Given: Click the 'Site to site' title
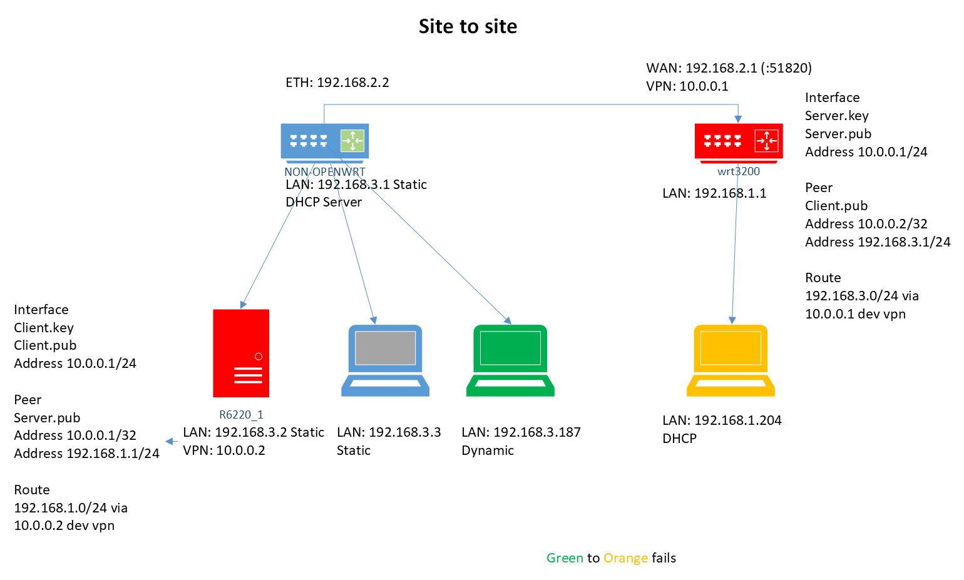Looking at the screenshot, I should (468, 26).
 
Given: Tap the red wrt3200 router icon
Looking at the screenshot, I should (739, 141).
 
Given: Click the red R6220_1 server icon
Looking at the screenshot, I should (241, 353).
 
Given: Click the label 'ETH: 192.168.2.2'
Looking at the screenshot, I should (337, 83).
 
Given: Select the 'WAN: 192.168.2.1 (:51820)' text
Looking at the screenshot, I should (729, 68).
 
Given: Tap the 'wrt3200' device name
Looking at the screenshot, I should (739, 171).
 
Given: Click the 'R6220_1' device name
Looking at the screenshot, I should (241, 415).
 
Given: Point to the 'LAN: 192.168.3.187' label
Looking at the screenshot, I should (521, 432).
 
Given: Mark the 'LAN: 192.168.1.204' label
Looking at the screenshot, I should (722, 420).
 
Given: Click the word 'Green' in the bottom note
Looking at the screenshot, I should (565, 558).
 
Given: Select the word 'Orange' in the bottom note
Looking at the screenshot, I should (625, 558).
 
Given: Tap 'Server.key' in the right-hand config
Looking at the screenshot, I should (836, 116).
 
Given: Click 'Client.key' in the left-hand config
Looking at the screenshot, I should (44, 328).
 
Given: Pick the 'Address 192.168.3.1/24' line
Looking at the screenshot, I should (878, 242).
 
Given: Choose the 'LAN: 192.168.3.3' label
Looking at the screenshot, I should (389, 432).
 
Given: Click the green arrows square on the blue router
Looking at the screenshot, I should (352, 141).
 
